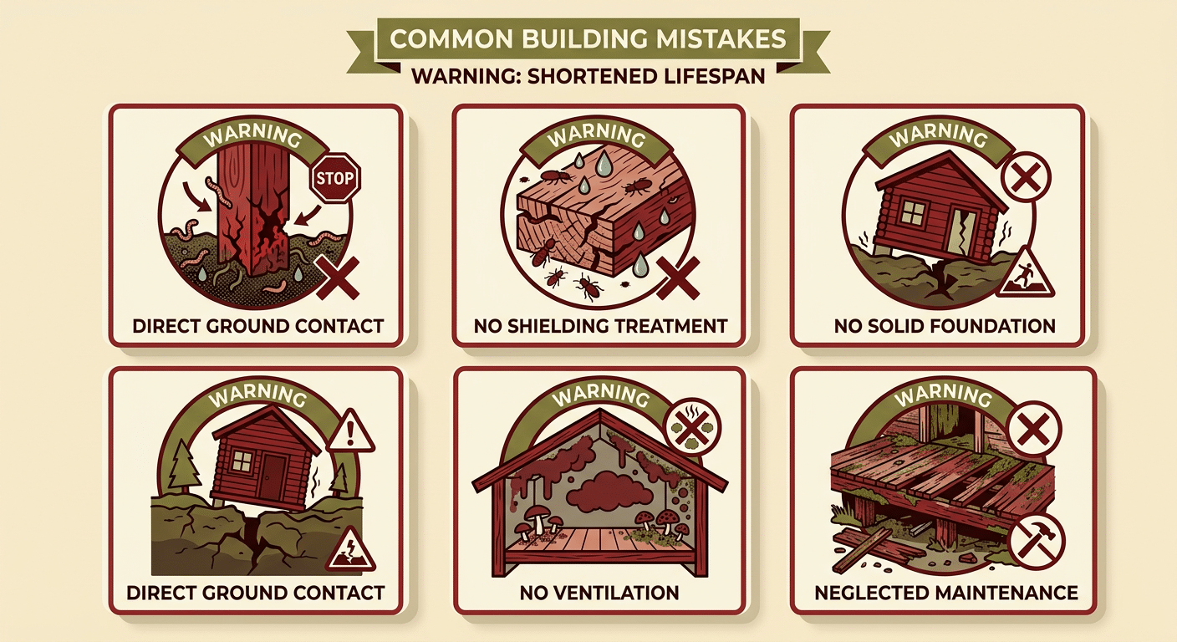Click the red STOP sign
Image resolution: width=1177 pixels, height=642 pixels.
click(x=336, y=178)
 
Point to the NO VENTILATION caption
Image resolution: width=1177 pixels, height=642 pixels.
click(x=599, y=594)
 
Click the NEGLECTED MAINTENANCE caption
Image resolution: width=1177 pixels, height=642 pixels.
click(x=946, y=594)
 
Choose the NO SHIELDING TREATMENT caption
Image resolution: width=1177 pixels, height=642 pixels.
click(x=600, y=326)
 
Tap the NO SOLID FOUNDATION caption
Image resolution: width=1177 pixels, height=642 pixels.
click(x=945, y=326)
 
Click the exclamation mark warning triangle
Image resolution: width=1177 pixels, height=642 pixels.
click(x=350, y=433)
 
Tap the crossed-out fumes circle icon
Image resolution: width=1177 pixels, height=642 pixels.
click(x=692, y=426)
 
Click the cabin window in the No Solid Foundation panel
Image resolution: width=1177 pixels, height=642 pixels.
click(x=913, y=211)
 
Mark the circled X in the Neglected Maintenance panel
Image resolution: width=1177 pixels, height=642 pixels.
click(x=1033, y=429)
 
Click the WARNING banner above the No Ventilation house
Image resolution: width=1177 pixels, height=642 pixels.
click(x=600, y=395)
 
